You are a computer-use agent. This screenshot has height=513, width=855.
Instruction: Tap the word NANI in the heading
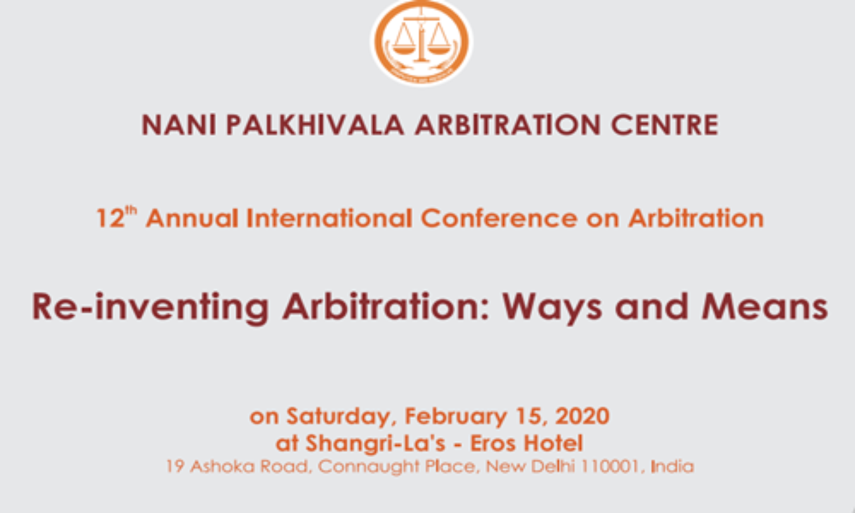(179, 125)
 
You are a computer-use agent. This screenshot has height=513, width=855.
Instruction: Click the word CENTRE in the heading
(665, 125)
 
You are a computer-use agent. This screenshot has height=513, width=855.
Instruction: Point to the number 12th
(116, 217)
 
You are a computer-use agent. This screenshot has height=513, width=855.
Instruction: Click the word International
(329, 218)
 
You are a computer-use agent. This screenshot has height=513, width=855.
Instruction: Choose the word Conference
(499, 218)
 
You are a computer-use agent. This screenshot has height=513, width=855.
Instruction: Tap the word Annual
(192, 218)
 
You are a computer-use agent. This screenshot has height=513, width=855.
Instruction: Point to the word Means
(764, 307)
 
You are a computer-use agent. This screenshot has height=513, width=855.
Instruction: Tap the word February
(456, 417)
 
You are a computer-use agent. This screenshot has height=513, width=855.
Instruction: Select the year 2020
(582, 416)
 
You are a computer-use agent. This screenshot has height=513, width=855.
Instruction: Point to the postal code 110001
(610, 467)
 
